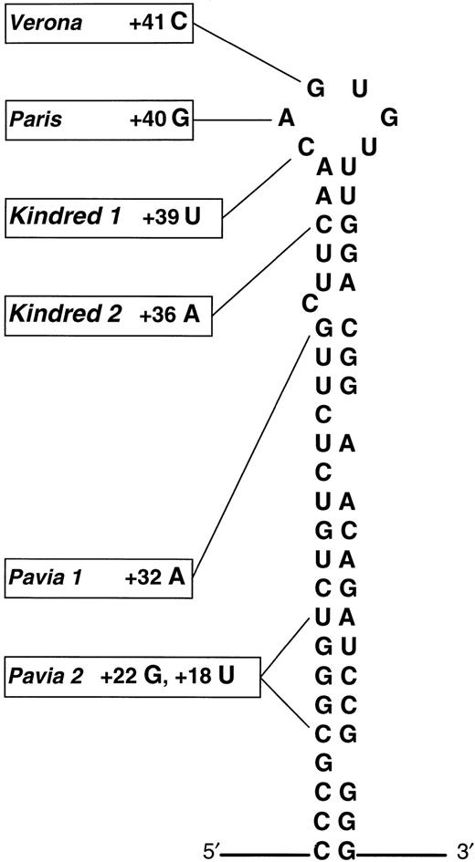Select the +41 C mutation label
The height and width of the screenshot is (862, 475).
click(x=158, y=22)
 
